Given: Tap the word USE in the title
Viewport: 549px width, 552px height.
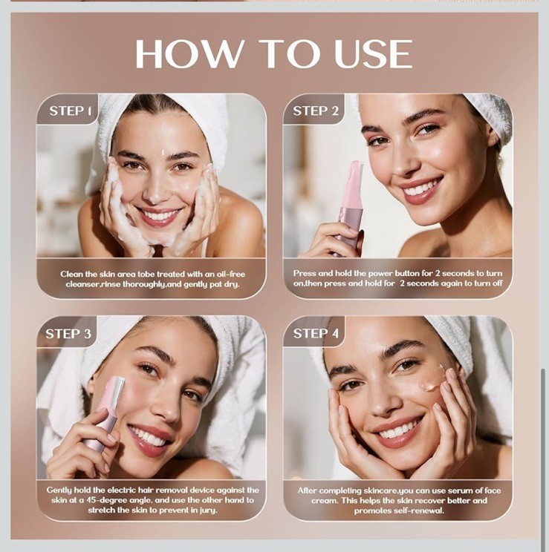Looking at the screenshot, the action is [x=373, y=53].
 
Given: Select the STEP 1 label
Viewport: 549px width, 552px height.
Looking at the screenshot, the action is [x=71, y=111].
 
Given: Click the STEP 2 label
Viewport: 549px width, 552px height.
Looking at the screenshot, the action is [x=316, y=111].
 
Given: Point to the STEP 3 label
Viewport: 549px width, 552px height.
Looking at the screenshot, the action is [x=68, y=333].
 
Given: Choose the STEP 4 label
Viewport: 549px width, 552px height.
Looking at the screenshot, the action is [x=316, y=333].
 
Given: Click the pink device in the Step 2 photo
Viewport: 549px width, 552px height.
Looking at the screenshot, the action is [x=348, y=207].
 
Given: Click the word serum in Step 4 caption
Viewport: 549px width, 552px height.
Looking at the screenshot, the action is [x=462, y=490].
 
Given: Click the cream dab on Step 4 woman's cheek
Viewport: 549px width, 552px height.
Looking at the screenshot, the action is [x=431, y=386].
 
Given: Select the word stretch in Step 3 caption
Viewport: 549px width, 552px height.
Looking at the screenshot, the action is [x=101, y=510].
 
